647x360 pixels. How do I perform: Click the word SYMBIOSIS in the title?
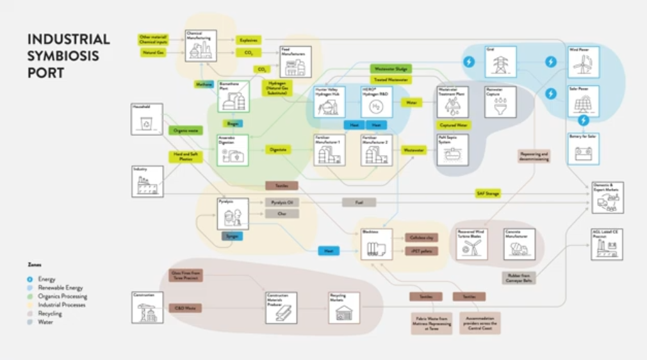(63, 56)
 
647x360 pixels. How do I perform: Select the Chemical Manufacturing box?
(201, 45)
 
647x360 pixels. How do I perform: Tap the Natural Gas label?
(152, 53)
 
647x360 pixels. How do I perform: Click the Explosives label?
(248, 40)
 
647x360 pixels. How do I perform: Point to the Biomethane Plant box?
(233, 97)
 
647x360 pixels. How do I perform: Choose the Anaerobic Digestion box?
(233, 151)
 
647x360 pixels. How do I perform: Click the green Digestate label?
(278, 149)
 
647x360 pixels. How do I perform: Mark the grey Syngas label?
(232, 236)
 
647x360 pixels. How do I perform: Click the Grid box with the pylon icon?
(500, 62)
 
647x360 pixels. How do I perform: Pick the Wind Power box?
(584, 62)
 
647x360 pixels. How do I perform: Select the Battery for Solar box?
(584, 149)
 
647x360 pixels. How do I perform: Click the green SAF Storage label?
(488, 193)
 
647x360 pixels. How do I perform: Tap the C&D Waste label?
(185, 308)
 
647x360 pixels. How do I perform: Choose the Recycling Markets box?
(344, 308)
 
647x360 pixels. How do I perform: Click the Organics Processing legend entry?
(62, 297)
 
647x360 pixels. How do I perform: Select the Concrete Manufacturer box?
(519, 244)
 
